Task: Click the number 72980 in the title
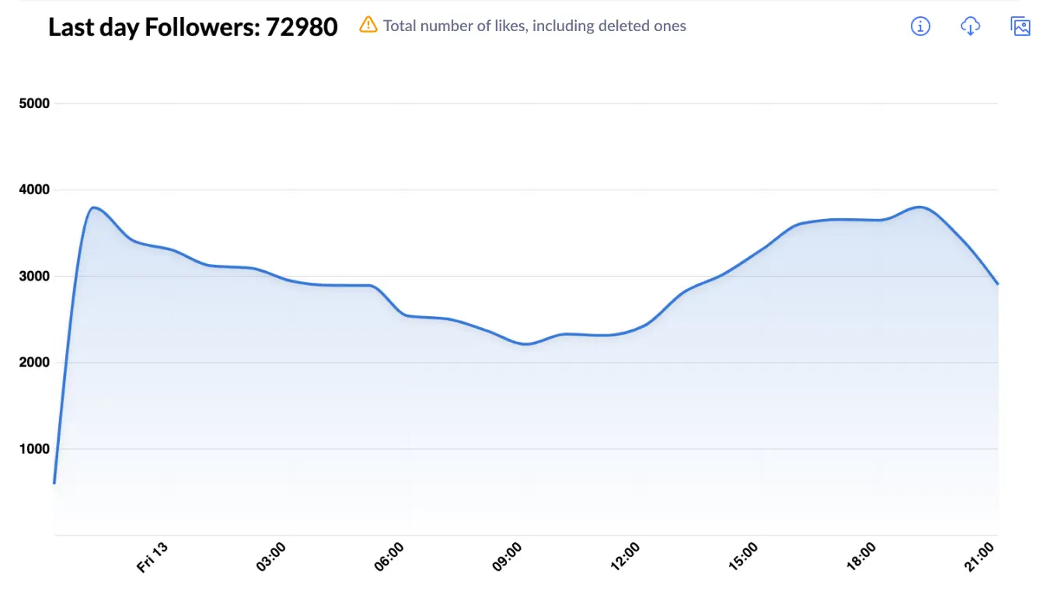[302, 27]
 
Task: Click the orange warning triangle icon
[368, 25]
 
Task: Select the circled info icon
[920, 26]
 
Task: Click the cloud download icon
[970, 26]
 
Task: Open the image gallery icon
[1020, 26]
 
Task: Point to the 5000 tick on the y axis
[34, 103]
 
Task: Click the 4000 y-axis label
[34, 190]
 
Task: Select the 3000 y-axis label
[34, 276]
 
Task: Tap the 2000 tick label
[34, 362]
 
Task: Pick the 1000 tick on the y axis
[34, 448]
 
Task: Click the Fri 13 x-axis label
[153, 558]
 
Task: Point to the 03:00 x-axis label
[271, 558]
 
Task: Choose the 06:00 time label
[389, 558]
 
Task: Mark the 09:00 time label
[508, 558]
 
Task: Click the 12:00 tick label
[626, 558]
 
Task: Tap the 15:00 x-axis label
[744, 558]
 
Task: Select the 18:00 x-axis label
[862, 558]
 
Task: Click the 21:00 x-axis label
[980, 558]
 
